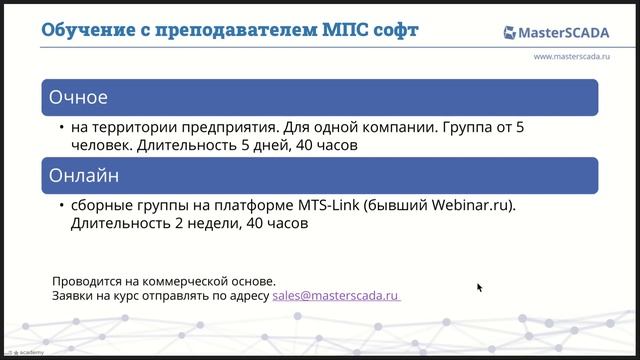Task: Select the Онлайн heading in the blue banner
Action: coord(85,176)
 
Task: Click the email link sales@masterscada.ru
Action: coord(336,296)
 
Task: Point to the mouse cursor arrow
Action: coord(479,287)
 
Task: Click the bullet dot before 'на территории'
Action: coord(61,128)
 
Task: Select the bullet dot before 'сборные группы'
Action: coord(61,206)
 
